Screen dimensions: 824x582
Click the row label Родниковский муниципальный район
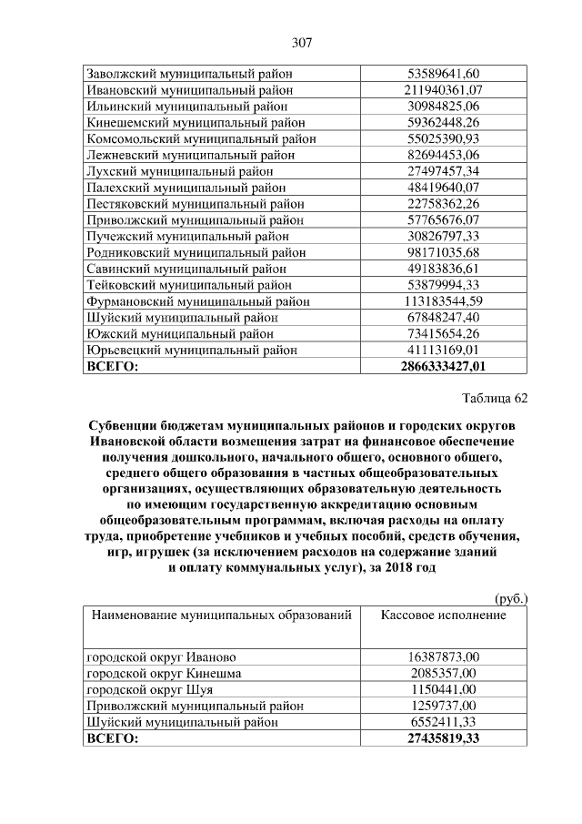[x=196, y=252]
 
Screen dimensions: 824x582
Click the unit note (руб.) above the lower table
[x=510, y=599]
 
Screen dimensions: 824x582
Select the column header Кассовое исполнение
[x=443, y=615]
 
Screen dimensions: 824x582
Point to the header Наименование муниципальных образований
[x=220, y=615]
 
